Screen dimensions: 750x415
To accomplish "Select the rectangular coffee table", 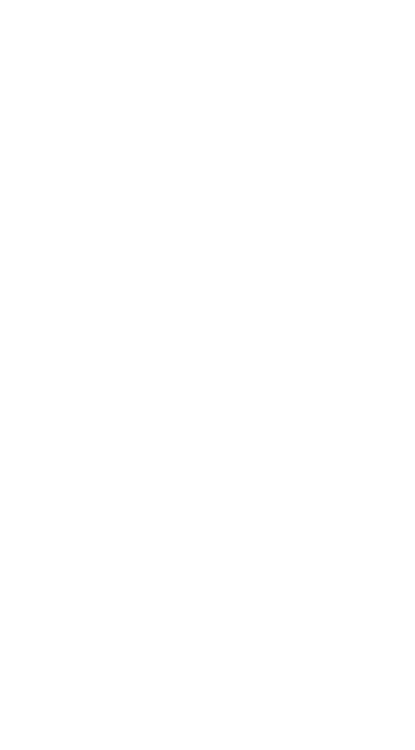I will [147, 364].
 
